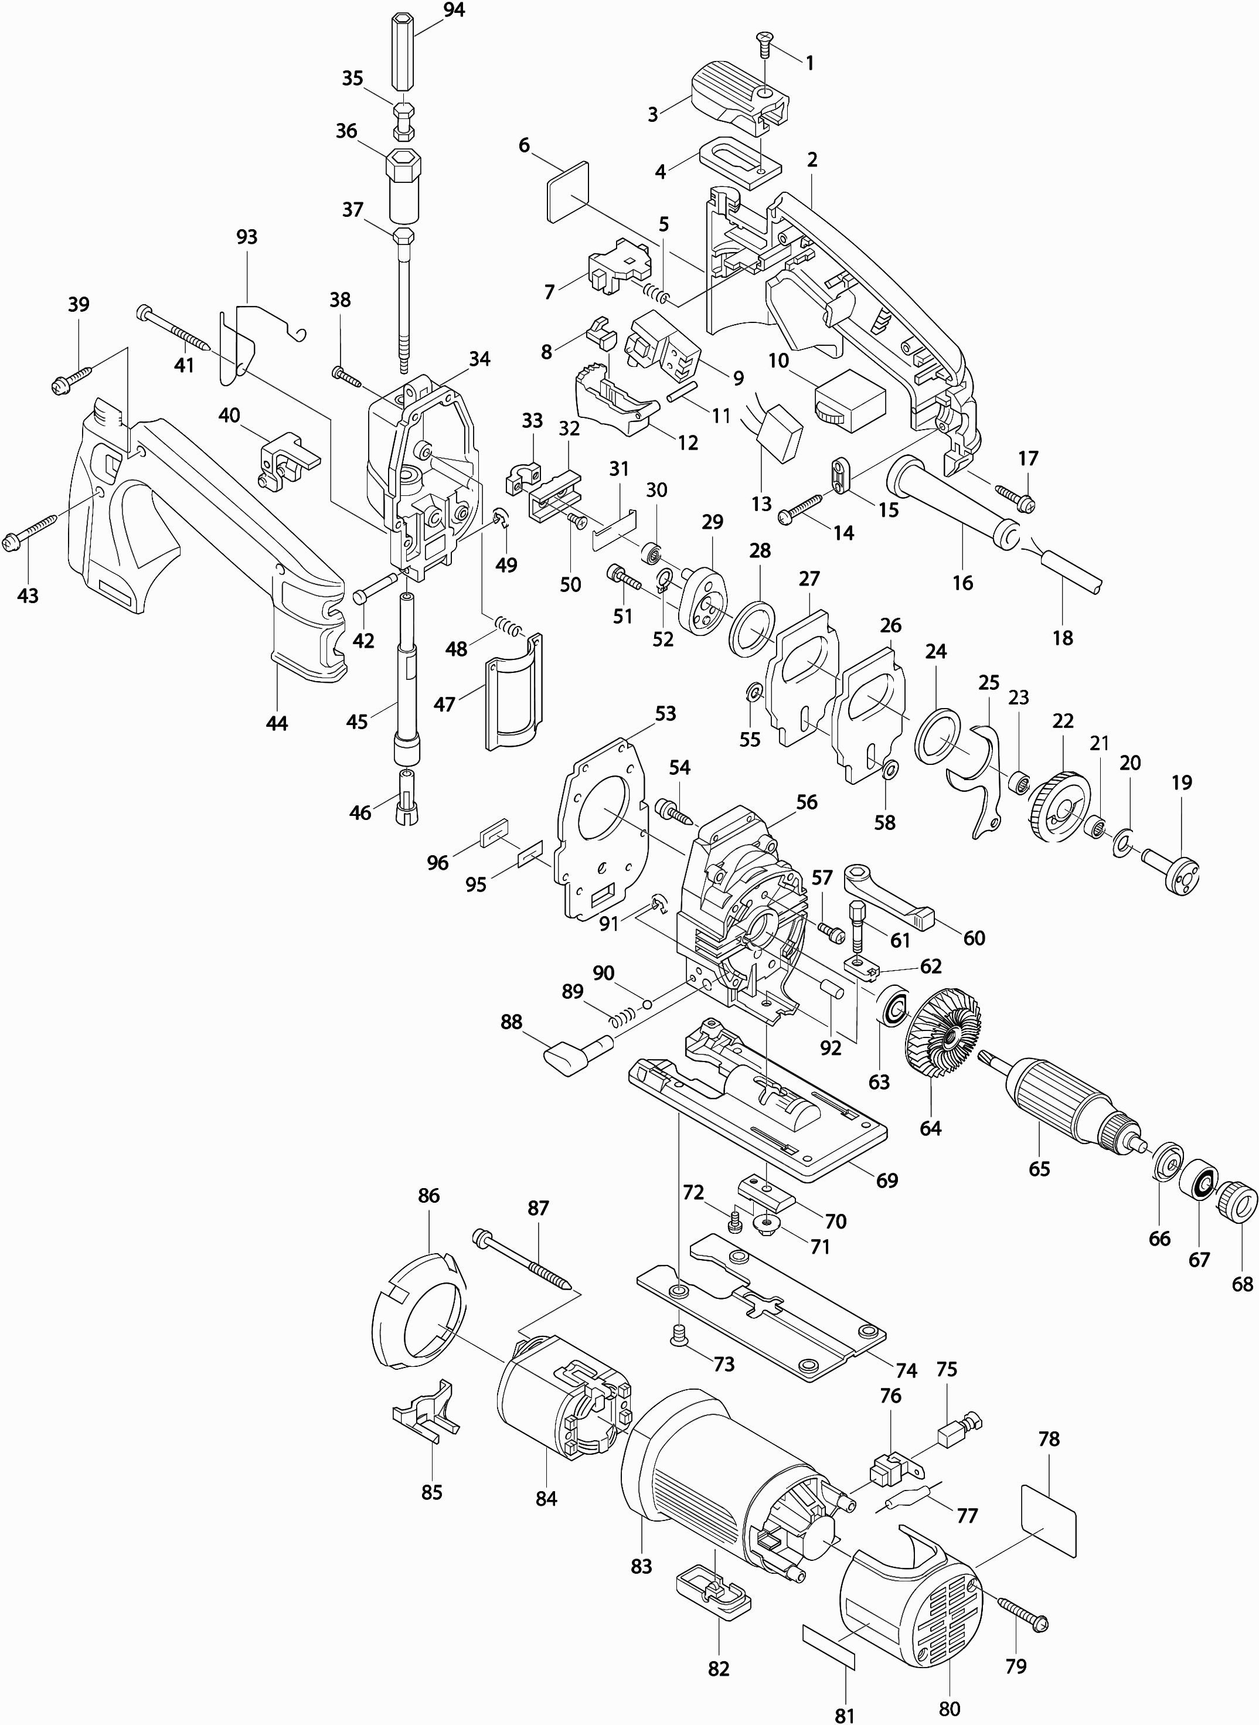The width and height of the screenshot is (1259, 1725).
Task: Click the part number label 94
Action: [x=454, y=10]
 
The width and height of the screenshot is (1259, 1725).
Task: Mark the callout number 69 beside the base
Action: [x=887, y=1180]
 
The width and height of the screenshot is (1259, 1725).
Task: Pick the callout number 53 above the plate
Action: [x=665, y=713]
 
